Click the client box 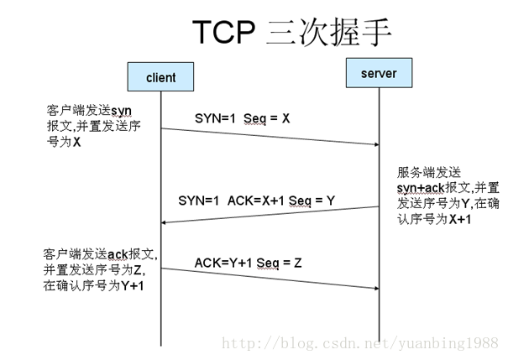pos(160,77)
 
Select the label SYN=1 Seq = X pos(242,118)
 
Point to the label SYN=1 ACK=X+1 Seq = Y pos(257,201)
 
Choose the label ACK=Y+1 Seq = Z pos(249,263)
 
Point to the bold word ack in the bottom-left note pos(115,254)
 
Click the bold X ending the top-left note pos(77,142)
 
